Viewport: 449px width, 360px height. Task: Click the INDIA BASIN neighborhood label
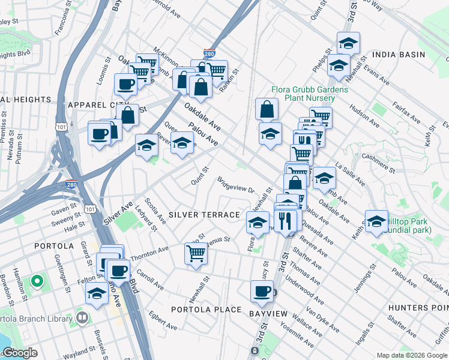(399, 55)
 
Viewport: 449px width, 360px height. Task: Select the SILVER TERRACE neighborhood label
(204, 214)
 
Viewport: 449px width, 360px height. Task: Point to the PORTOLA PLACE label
(206, 310)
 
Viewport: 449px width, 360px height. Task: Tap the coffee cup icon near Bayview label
(262, 291)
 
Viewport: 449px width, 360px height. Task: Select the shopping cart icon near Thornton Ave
(196, 254)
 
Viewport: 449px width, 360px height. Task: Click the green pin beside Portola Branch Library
(36, 281)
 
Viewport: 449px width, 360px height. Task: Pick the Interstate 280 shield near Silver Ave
(71, 186)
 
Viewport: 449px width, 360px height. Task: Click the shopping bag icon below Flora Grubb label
(267, 109)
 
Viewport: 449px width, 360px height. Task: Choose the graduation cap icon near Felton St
(96, 294)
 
